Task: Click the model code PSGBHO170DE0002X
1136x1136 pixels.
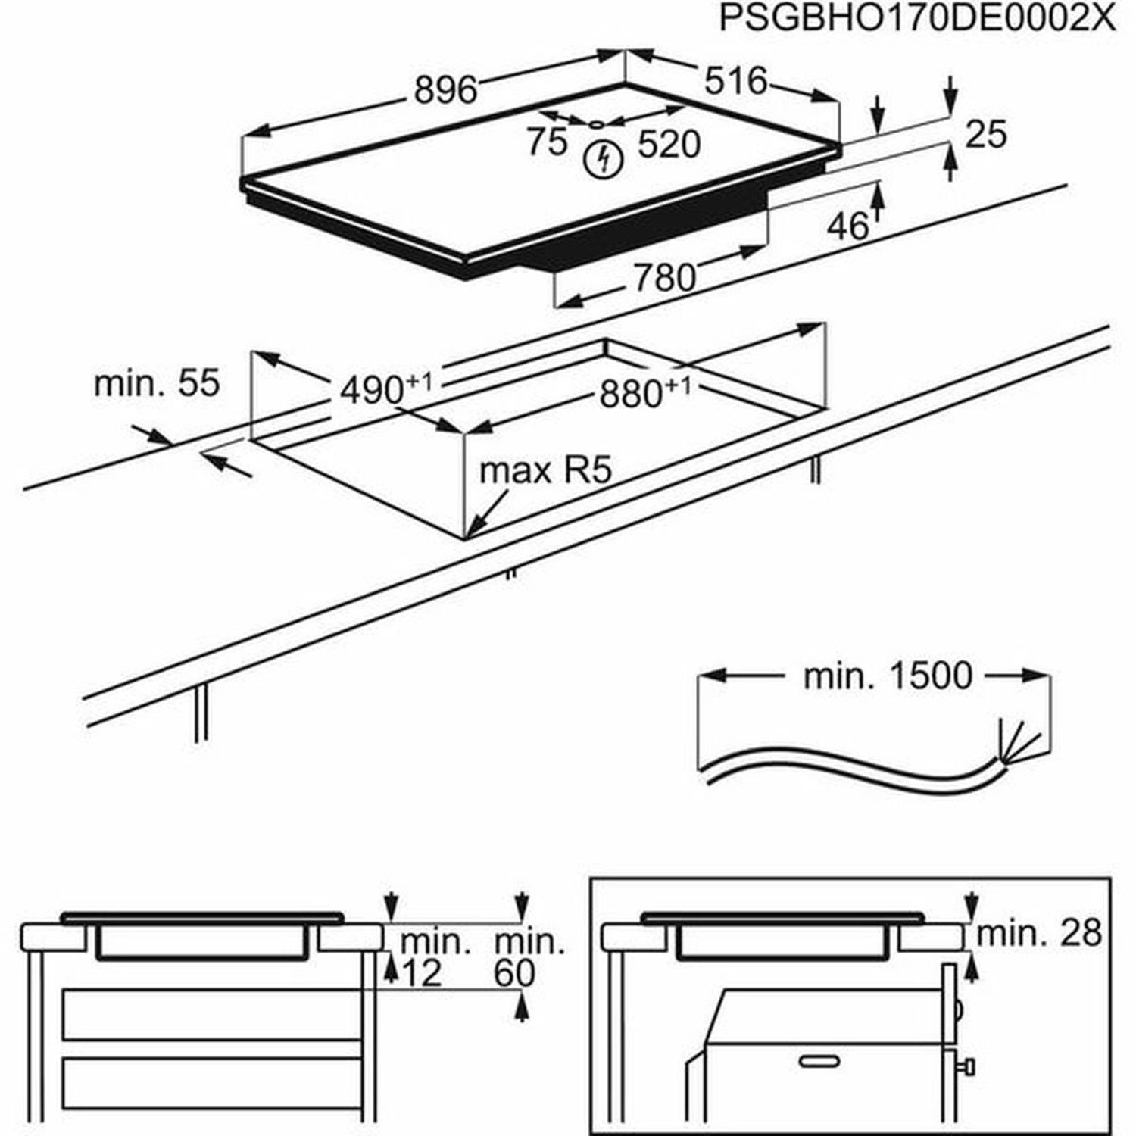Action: (x=917, y=19)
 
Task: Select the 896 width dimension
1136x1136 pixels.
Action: (x=446, y=91)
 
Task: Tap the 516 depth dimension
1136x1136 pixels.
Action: (x=735, y=81)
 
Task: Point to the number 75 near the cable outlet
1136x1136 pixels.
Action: (x=548, y=142)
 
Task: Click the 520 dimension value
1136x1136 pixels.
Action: (x=669, y=144)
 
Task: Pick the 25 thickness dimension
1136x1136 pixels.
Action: (x=987, y=134)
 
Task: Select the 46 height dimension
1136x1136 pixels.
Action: (x=847, y=225)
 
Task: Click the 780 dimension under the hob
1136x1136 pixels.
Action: (x=664, y=278)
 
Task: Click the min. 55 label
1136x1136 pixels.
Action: (x=156, y=383)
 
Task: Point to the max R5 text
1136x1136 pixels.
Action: (x=545, y=471)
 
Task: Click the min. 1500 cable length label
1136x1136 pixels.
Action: (x=887, y=676)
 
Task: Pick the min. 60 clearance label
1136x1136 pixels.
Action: (x=525, y=958)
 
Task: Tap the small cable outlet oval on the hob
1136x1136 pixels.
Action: (x=597, y=124)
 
